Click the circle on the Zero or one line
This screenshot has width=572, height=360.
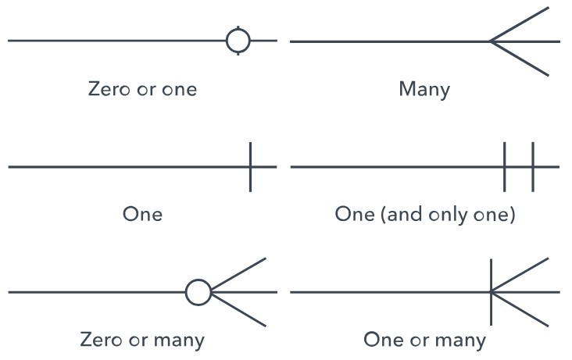[238, 40]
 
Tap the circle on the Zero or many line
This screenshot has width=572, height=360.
[198, 292]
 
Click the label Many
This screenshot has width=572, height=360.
[424, 88]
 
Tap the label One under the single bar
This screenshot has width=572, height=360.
[142, 213]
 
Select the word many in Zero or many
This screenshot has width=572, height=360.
[179, 340]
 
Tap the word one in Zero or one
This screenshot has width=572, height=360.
[179, 88]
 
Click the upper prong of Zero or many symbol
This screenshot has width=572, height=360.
[239, 273]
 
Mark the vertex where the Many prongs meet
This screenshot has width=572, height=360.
[491, 41]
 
